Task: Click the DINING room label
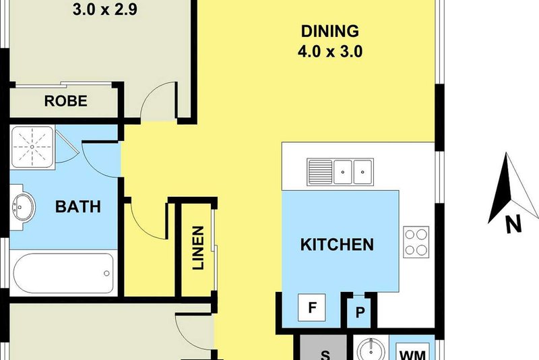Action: (x=330, y=31)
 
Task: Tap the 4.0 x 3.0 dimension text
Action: (x=330, y=52)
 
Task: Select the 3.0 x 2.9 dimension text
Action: (x=105, y=9)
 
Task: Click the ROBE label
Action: (x=65, y=101)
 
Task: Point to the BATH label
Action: (x=78, y=207)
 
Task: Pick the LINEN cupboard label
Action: (x=198, y=247)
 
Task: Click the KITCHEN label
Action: (x=337, y=245)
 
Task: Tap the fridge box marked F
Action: (x=312, y=307)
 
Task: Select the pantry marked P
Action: (x=360, y=312)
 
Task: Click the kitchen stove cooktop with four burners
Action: (x=416, y=242)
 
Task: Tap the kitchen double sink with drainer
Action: (x=340, y=172)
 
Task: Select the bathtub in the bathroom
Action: (x=63, y=273)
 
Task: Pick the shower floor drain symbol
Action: (x=32, y=147)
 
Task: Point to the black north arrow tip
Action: (x=507, y=153)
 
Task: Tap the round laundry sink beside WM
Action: (x=371, y=350)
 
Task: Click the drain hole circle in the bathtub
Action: (x=106, y=273)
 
